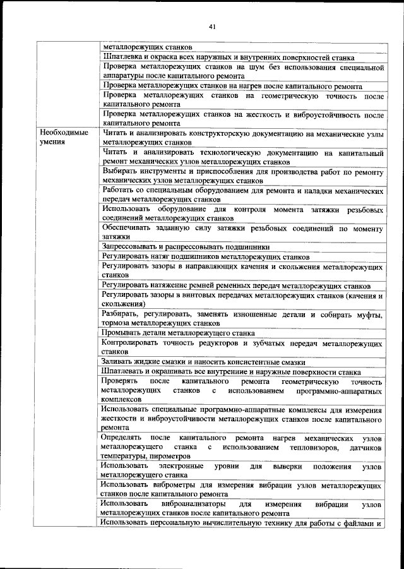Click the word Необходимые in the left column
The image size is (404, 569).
63,134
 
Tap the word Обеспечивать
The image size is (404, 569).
128,227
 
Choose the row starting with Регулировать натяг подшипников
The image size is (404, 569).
205,256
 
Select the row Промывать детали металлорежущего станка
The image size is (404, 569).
178,332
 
